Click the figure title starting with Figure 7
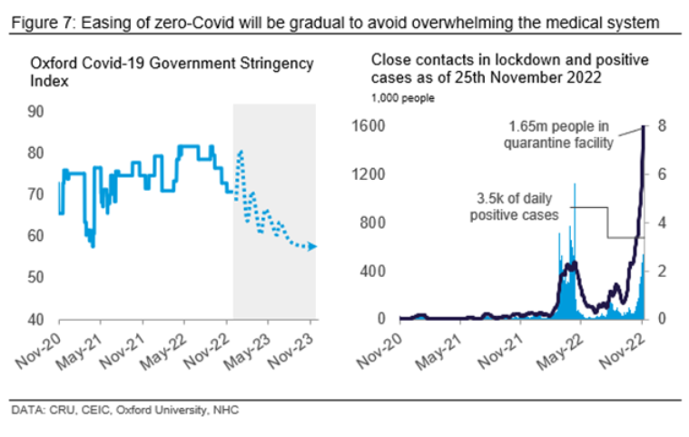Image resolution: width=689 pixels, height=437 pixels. pos(336,20)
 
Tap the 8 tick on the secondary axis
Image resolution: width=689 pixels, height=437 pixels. pos(663,126)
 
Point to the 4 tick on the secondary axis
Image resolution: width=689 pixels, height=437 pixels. pos(663,223)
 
